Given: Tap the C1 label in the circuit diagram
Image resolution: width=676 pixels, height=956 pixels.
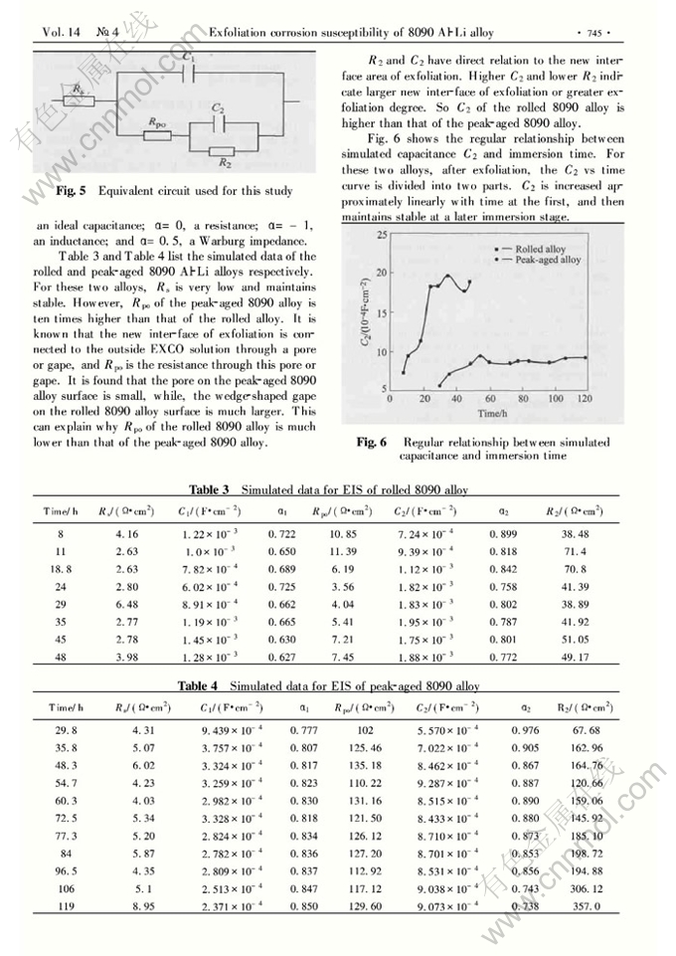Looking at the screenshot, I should [x=189, y=58].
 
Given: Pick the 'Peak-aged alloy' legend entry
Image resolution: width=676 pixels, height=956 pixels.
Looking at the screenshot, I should [x=548, y=260].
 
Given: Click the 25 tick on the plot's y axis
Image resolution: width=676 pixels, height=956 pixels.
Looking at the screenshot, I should [x=380, y=235].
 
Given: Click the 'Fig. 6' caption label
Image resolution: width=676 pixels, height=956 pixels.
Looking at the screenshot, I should [x=371, y=442].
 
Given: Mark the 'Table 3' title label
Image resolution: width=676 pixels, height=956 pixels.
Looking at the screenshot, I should [x=209, y=489].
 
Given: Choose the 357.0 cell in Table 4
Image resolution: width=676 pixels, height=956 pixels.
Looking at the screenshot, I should [x=587, y=907].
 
